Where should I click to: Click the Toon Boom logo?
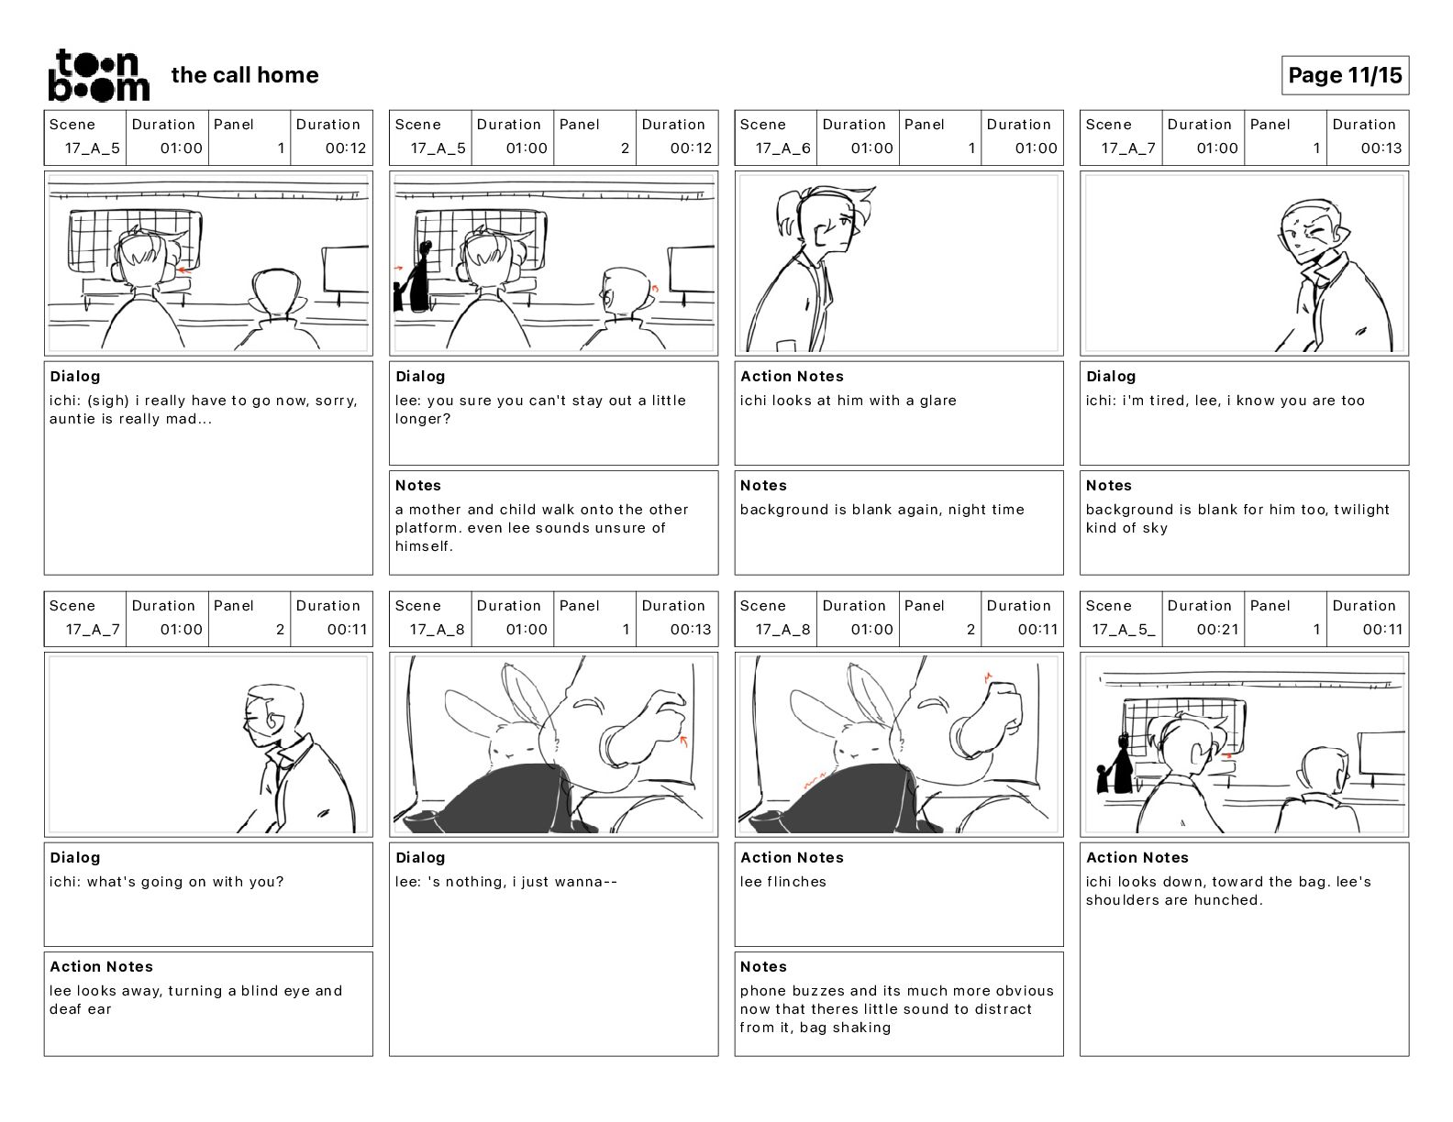tap(99, 75)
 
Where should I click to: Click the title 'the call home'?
tap(245, 75)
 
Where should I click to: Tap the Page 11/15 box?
tap(1345, 75)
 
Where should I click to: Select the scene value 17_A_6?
tap(782, 148)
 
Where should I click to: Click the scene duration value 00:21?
tap(1217, 630)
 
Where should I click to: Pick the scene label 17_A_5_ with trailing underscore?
tap(1124, 630)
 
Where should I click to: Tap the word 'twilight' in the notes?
tap(1361, 510)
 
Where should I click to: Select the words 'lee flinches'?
tap(783, 882)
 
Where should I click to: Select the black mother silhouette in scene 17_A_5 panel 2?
tap(422, 278)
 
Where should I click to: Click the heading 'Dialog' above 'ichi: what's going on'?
tap(75, 857)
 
